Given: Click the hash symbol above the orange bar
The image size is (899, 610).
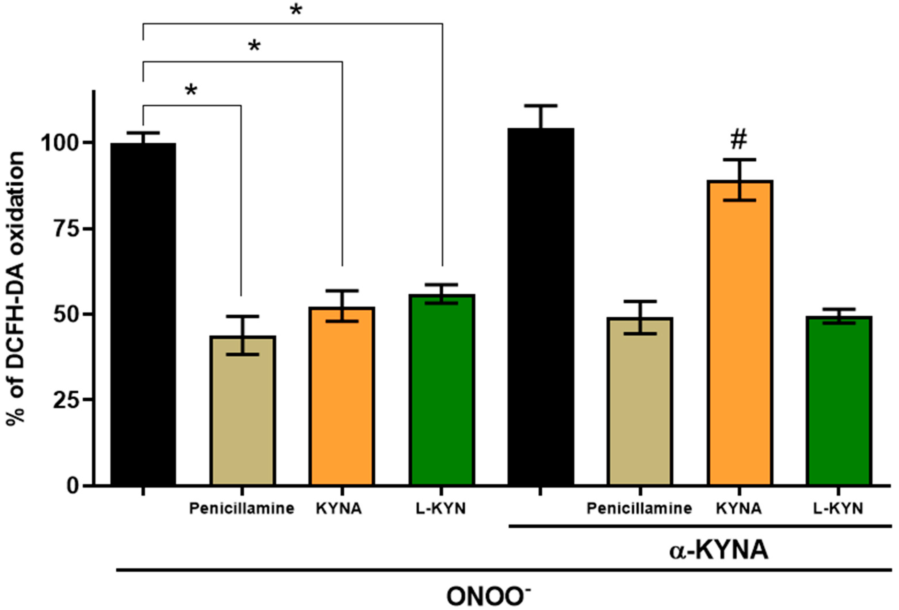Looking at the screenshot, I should pos(738,140).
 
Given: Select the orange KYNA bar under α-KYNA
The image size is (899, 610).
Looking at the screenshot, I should pos(740,333).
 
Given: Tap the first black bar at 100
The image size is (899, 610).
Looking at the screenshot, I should pos(143,313).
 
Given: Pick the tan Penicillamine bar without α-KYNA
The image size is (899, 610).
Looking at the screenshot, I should pos(243,410).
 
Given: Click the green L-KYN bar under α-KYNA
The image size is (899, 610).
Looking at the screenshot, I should pos(839,400).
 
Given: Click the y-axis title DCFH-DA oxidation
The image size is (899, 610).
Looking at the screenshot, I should pos(16,288).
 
